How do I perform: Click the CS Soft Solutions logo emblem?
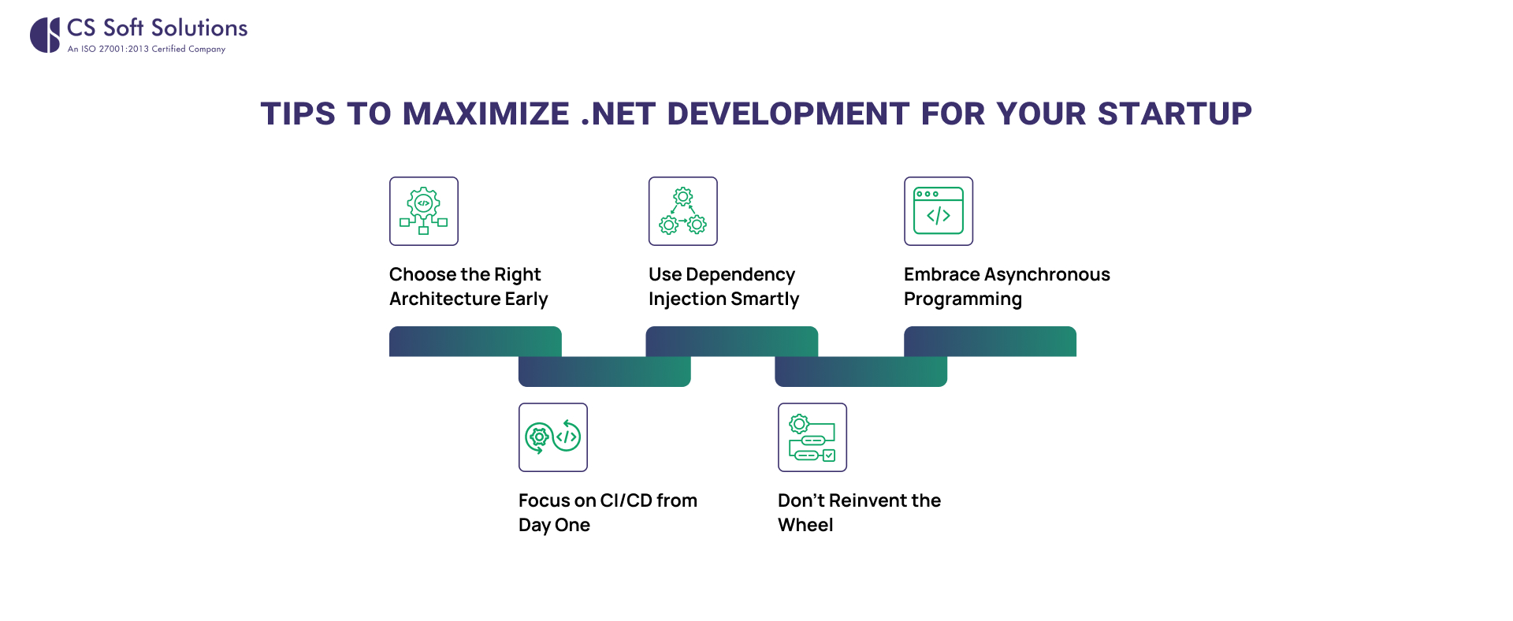(45, 35)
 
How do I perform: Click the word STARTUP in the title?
(1174, 113)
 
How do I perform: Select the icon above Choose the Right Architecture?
(424, 211)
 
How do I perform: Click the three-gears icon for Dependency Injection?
(683, 211)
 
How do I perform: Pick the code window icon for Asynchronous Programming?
(939, 211)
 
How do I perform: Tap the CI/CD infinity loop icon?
(553, 437)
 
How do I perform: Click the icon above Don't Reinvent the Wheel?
(812, 437)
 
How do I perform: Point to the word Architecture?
(445, 299)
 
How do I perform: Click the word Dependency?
(740, 275)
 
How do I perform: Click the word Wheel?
(805, 525)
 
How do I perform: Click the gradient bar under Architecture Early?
(475, 341)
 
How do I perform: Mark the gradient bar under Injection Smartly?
(732, 341)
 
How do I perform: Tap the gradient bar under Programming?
(990, 341)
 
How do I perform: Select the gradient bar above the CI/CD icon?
(604, 371)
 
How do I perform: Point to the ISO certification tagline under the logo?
(147, 49)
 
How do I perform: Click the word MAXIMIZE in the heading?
(485, 113)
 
